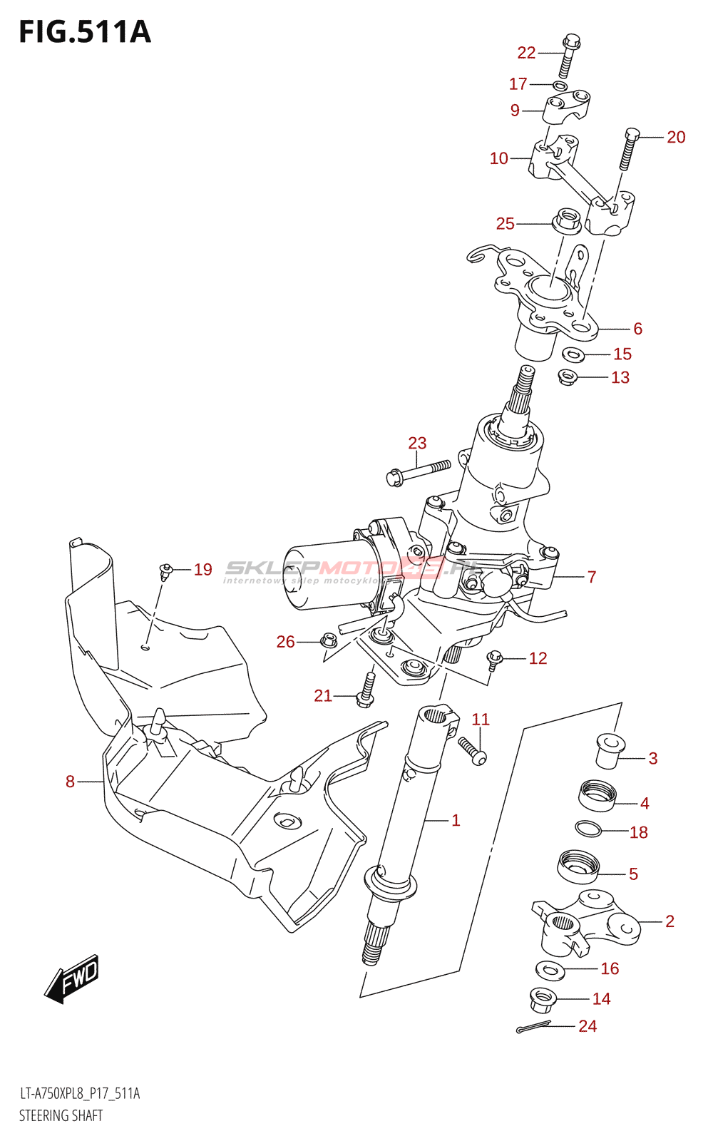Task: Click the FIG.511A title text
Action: coord(85,32)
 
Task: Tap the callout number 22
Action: coord(526,53)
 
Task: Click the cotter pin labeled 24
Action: coord(533,1027)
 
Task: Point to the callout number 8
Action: coord(70,782)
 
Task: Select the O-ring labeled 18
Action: coord(588,829)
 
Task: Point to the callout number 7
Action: coord(591,577)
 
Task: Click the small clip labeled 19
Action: coord(166,569)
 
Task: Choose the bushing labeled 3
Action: coord(609,751)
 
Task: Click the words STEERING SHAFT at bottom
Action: coord(61,1115)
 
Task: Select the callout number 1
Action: coord(456,820)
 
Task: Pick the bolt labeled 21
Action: coord(366,689)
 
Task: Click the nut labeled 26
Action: coord(329,640)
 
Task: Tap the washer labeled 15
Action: coord(573,354)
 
